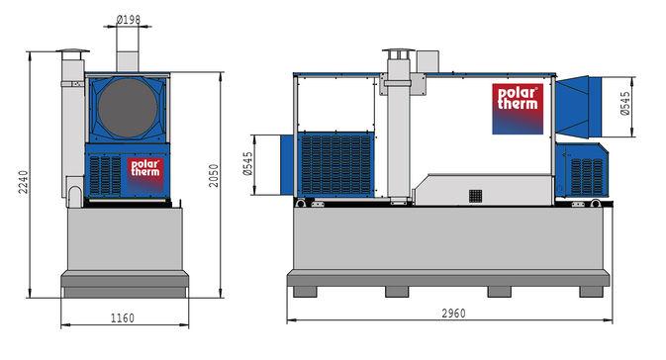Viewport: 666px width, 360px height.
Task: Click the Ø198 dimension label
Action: pos(128,19)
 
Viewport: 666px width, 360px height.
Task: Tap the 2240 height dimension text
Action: pos(23,182)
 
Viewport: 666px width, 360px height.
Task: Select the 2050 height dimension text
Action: pos(214,175)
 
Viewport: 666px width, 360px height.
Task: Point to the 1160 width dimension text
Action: pos(123,317)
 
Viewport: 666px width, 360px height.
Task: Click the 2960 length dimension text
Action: pos(453,314)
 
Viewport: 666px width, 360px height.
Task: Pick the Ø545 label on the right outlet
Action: pos(624,104)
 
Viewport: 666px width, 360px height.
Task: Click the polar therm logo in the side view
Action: pos(518,109)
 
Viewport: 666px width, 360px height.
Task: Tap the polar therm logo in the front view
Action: pos(145,173)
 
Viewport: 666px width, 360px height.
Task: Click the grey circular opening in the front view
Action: pos(128,108)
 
